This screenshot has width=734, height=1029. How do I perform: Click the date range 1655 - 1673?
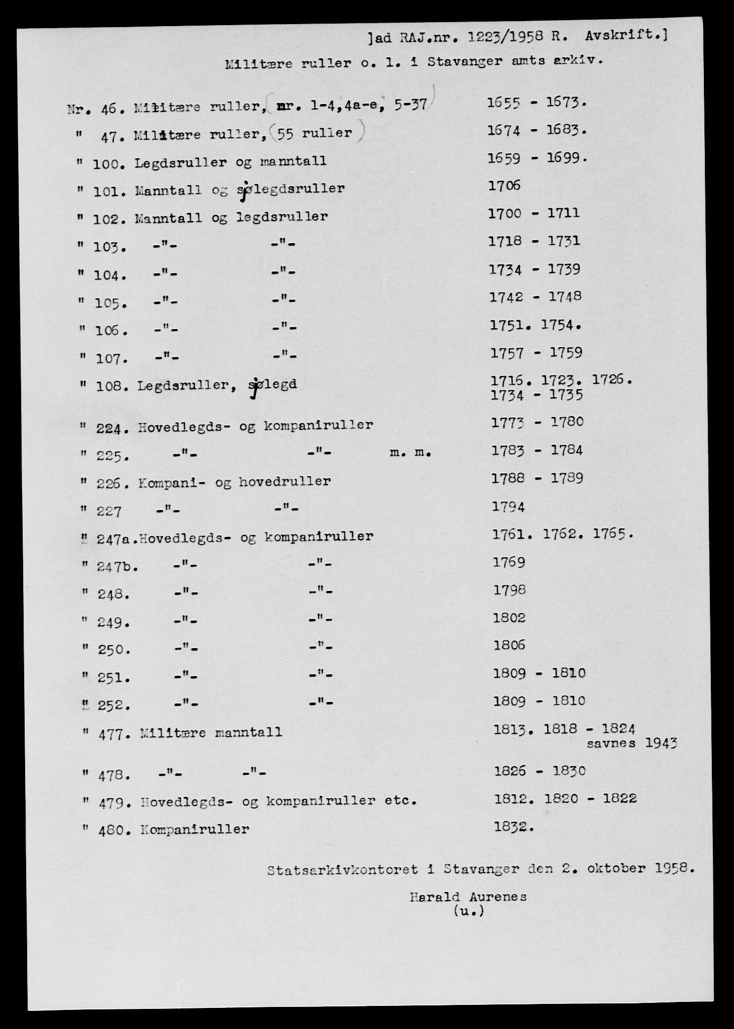pos(537,102)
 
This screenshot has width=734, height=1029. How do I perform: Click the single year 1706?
pos(504,186)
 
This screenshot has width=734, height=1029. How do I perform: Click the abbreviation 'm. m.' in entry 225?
pos(411,453)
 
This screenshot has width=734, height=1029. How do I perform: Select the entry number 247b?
pos(116,566)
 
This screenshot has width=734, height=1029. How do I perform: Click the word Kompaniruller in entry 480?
pos(194,830)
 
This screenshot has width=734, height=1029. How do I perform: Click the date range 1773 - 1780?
pos(537,422)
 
